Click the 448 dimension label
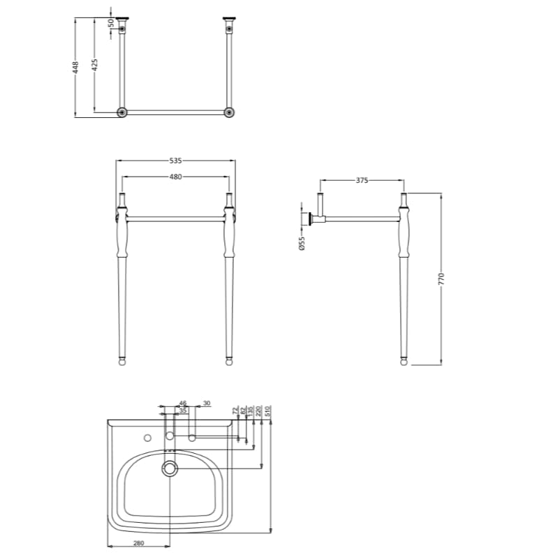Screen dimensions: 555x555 [75, 66]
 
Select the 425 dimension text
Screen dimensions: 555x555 [94, 64]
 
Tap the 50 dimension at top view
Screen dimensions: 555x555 [111, 23]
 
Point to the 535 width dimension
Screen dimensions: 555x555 [175, 161]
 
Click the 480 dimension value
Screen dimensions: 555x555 [175, 177]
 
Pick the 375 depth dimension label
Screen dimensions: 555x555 [362, 180]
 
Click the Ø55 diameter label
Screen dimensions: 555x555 [302, 244]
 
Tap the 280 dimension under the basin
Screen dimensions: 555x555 [138, 542]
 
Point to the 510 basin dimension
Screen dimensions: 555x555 [268, 412]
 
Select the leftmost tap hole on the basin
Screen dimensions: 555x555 [147, 438]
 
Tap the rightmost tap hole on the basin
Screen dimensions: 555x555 [192, 438]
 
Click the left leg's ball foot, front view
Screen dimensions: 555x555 [123, 362]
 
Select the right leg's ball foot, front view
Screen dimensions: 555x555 [228, 362]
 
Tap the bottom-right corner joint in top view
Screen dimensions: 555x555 [228, 112]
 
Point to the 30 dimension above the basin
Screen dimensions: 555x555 [206, 404]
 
